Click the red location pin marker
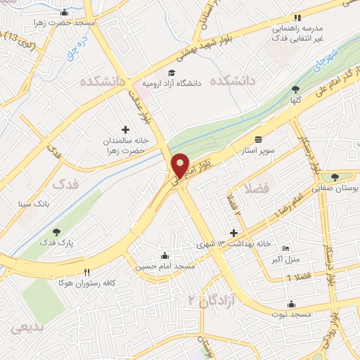181,165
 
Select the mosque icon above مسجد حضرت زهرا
65,12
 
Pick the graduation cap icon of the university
172,72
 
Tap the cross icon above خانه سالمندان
126,129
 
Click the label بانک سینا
34,204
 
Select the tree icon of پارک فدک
56,232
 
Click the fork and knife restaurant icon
87,272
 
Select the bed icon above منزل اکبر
285,249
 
